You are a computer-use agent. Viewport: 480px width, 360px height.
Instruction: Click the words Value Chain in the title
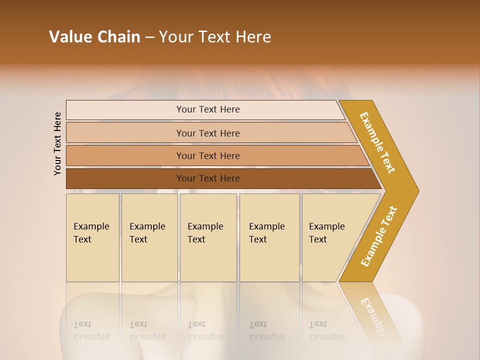94,37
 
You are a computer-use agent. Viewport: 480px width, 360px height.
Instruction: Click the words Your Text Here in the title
215,37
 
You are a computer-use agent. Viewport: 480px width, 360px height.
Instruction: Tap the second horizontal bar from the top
208,133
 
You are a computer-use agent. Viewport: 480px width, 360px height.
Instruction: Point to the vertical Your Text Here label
57,143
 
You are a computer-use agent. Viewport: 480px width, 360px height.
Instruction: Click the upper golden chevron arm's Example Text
378,142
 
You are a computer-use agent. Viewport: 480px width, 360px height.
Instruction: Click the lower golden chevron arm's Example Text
379,236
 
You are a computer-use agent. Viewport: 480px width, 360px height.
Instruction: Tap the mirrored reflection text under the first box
91,331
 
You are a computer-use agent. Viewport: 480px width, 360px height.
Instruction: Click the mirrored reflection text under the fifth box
326,331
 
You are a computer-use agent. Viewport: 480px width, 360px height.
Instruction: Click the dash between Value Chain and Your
149,37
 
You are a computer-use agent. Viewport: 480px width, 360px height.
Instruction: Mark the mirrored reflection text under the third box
205,331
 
